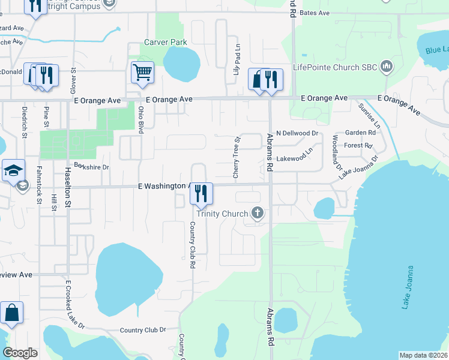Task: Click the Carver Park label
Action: [x=166, y=42]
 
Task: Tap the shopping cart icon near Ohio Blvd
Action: [x=142, y=72]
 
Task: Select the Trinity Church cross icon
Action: [x=258, y=213]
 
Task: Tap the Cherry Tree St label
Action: [x=237, y=157]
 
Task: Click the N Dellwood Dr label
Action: [x=297, y=133]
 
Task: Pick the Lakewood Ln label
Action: [x=295, y=157]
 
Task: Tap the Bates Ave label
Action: [x=315, y=13]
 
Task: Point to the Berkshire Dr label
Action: [x=91, y=167]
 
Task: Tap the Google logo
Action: [x=20, y=353]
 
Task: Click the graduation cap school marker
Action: [x=12, y=170]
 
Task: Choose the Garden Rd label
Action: [x=360, y=132]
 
